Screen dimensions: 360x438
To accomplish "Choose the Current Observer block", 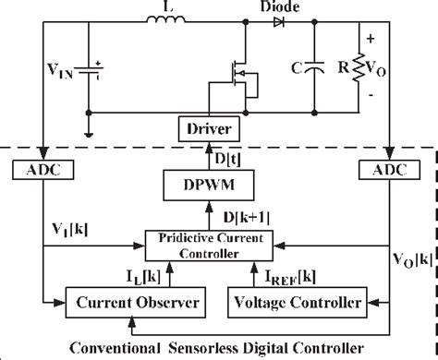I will pyautogui.click(x=119, y=303).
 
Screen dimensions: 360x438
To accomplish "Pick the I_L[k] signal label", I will pyautogui.click(x=172, y=274).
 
